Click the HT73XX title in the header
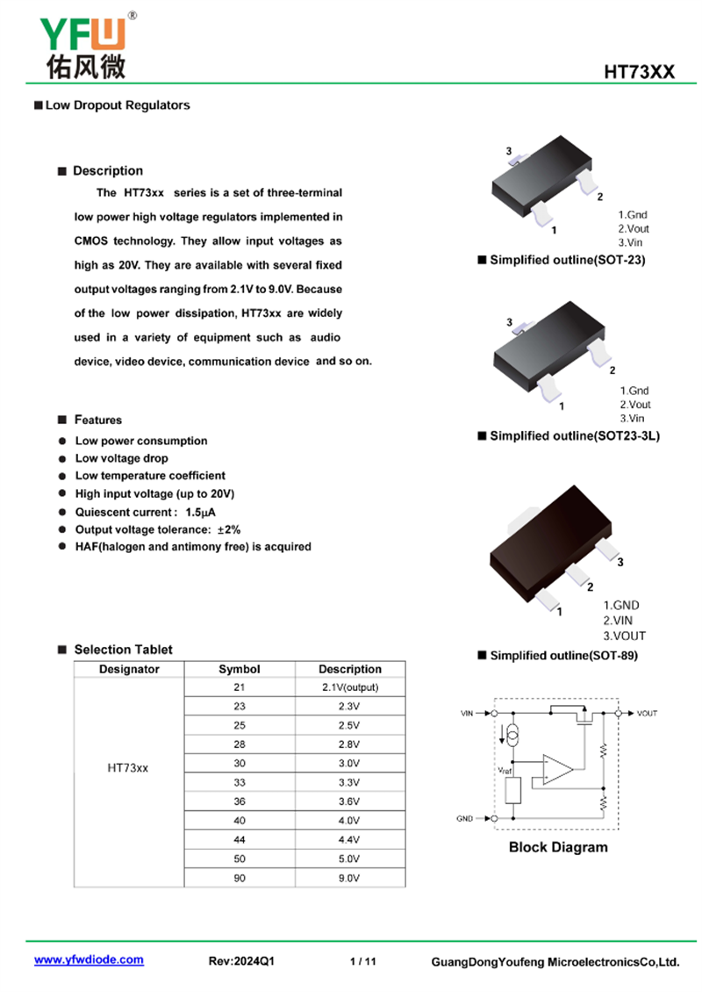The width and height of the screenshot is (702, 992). pyautogui.click(x=639, y=72)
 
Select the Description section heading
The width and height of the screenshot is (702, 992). pyautogui.click(x=107, y=170)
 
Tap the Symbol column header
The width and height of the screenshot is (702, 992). pyautogui.click(x=240, y=669)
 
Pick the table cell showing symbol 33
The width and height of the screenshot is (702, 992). pyautogui.click(x=240, y=782)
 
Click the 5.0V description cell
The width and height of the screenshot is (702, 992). pyautogui.click(x=349, y=859)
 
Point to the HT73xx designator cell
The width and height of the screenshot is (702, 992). pyautogui.click(x=128, y=767)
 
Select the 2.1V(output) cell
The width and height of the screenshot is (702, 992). pyautogui.click(x=349, y=687)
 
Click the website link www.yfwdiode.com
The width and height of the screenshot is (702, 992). pyautogui.click(x=89, y=960)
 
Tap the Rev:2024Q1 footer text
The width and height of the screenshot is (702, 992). pyautogui.click(x=241, y=961)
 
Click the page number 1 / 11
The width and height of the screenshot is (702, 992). pyautogui.click(x=362, y=961)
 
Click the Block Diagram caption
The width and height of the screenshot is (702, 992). pyautogui.click(x=558, y=847)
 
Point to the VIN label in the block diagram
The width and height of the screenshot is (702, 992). pyautogui.click(x=466, y=714)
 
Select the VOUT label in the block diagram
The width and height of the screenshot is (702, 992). pyautogui.click(x=647, y=714)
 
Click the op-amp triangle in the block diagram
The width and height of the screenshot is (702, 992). pyautogui.click(x=556, y=770)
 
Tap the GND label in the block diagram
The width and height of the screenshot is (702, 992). pyautogui.click(x=465, y=819)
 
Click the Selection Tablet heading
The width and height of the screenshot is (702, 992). pyautogui.click(x=123, y=650)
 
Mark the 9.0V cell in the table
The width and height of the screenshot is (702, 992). pyautogui.click(x=349, y=878)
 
